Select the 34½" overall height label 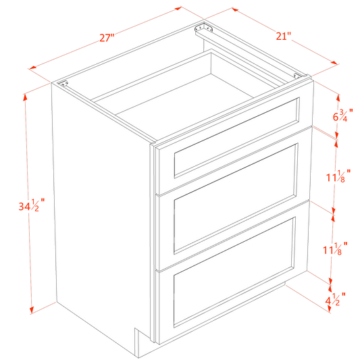click(x=33, y=205)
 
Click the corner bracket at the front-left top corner click(x=65, y=86)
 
